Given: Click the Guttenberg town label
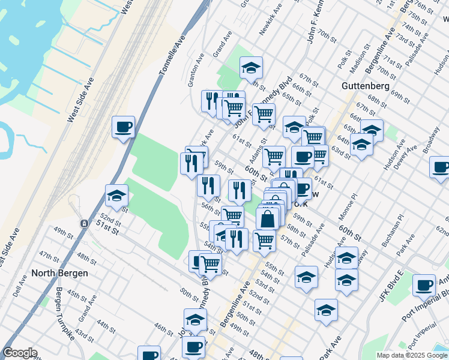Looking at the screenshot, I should [x=366, y=86].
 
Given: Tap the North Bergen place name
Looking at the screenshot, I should [x=59, y=273].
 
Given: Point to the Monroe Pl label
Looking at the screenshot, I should [x=349, y=205].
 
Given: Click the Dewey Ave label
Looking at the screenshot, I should [x=406, y=158].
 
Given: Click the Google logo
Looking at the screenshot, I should [x=20, y=353].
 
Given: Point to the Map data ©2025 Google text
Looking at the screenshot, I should [x=412, y=355].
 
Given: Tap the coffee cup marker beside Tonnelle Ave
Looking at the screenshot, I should [x=123, y=127].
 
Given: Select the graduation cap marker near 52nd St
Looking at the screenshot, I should [x=116, y=196].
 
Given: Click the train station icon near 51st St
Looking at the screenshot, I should [x=83, y=223].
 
